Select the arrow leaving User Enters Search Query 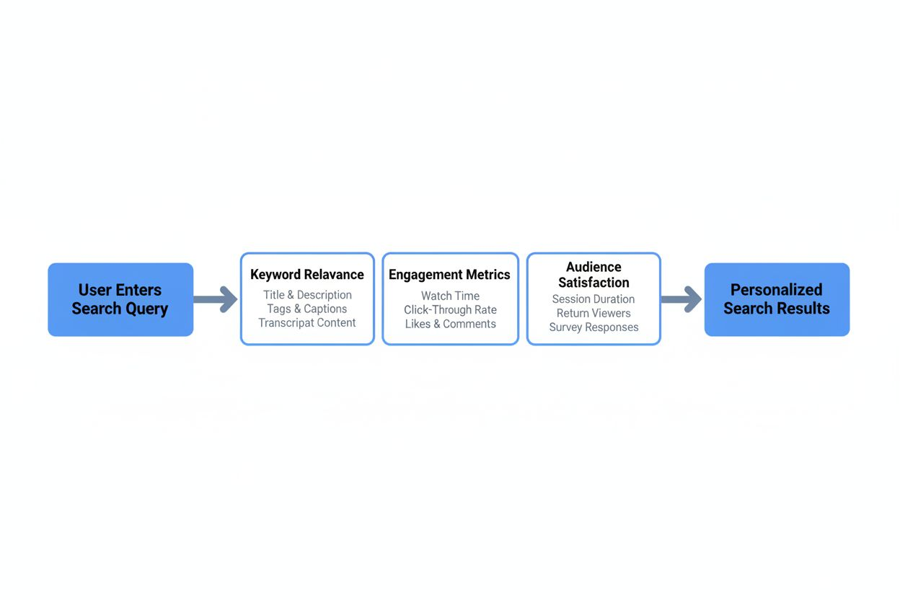(216, 299)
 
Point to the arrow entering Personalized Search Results (681, 299)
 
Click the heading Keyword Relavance (307, 275)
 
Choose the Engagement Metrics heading (449, 275)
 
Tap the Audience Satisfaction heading (594, 275)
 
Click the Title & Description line (307, 295)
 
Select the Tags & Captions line (307, 309)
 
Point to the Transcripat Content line (307, 322)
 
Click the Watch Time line (450, 296)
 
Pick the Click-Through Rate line (450, 310)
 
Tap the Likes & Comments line (450, 324)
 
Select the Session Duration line (594, 299)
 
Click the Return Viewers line (594, 313)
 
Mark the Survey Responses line (594, 327)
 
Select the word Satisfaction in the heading (594, 283)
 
